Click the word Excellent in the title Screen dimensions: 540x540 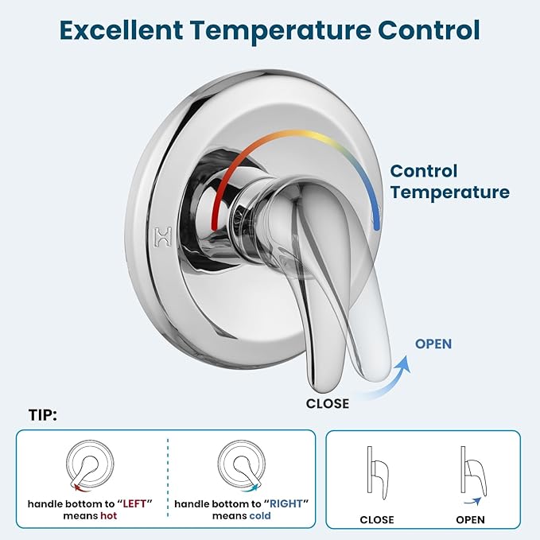[121, 30]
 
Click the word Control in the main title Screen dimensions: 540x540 [429, 30]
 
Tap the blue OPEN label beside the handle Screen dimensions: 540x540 [433, 344]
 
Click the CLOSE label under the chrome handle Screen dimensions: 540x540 [328, 403]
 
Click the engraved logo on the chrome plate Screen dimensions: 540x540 [162, 236]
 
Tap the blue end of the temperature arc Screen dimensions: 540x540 [376, 226]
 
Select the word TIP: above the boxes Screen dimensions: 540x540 [43, 415]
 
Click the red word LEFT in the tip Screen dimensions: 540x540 [134, 503]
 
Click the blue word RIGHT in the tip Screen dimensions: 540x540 [286, 503]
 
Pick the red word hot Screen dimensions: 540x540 [109, 515]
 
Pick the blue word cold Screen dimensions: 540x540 [260, 515]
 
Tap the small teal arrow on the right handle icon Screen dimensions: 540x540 [251, 488]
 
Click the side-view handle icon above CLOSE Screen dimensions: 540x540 [378, 472]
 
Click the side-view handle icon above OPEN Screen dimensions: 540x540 [473, 471]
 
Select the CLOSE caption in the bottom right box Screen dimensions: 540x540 [377, 519]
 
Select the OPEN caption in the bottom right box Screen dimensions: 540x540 [470, 519]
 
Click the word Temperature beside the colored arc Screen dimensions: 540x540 [450, 192]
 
